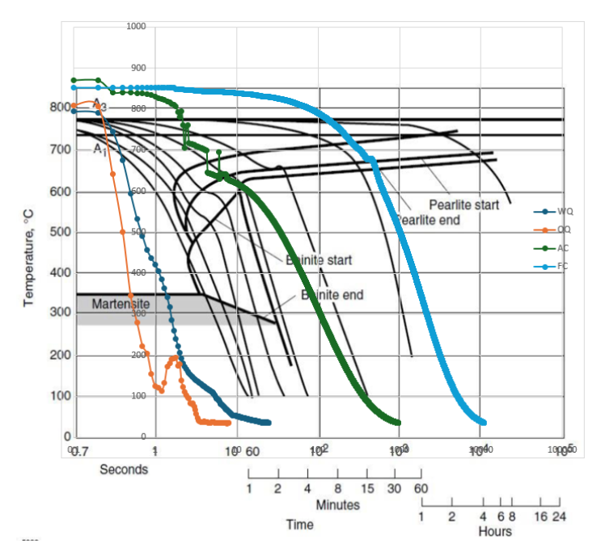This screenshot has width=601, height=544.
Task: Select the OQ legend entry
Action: click(563, 229)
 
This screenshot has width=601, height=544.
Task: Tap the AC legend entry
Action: click(563, 247)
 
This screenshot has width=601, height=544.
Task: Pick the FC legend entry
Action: click(563, 265)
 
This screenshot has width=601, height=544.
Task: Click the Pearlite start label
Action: click(463, 205)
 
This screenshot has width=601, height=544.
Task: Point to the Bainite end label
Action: click(332, 294)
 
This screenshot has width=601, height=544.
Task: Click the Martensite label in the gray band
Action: click(120, 305)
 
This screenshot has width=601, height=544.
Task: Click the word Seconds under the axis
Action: click(124, 469)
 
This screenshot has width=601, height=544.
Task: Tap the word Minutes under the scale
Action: click(337, 504)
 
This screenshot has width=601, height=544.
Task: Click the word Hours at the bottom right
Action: click(494, 531)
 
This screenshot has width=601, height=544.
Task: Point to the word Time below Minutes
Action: click(299, 525)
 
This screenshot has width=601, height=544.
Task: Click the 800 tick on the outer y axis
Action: click(58, 108)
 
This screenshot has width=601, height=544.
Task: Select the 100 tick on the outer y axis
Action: click(58, 396)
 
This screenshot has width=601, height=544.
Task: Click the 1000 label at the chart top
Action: click(136, 27)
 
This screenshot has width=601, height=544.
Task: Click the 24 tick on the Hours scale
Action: click(559, 516)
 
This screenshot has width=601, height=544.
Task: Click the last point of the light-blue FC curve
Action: click(483, 422)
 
